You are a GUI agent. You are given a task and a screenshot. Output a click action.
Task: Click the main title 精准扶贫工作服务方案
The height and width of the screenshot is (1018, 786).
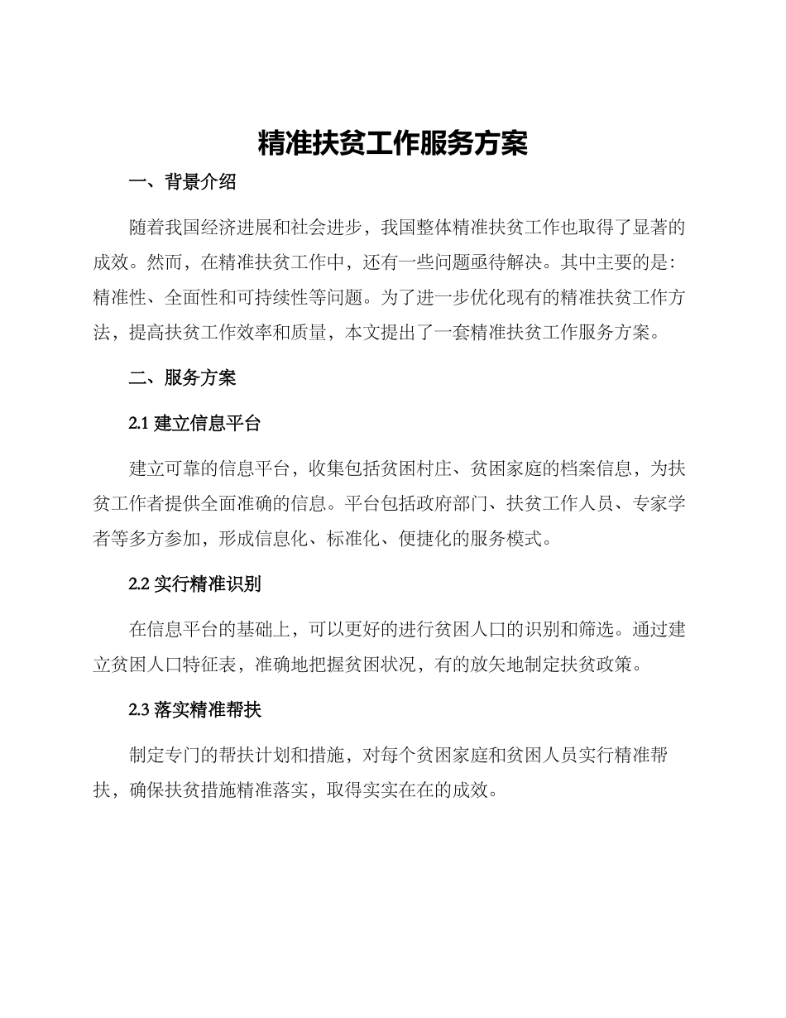[393, 142]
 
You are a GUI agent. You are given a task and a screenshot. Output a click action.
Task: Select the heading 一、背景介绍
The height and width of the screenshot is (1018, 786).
[183, 183]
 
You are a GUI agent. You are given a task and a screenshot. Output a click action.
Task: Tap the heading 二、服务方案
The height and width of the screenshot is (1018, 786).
[183, 378]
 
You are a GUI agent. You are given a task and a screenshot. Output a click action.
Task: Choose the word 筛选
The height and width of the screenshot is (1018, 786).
[594, 629]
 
